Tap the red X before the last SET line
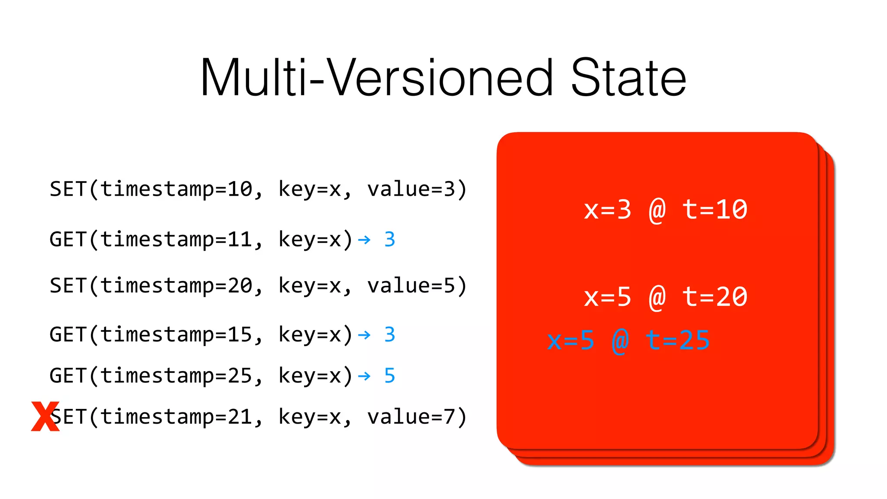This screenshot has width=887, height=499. point(45,416)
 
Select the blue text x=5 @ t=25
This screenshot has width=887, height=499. point(628,340)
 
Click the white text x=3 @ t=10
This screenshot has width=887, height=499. point(665,210)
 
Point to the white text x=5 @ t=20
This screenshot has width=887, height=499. point(665,297)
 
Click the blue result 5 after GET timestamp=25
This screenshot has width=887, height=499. point(389,376)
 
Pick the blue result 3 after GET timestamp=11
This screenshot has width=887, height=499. point(389,240)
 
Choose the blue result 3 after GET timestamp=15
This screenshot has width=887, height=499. point(389,335)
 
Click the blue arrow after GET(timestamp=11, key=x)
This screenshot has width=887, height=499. point(364,240)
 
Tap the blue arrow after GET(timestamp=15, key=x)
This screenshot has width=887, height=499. point(364,335)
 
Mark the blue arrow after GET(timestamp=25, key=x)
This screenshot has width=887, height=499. point(364,376)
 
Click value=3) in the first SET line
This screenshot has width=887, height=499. point(417,189)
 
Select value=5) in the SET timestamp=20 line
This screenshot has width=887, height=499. point(417,286)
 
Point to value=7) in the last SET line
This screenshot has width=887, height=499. point(417,417)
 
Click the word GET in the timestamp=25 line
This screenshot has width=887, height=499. point(68,376)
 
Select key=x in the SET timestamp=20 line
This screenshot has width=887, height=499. point(310,286)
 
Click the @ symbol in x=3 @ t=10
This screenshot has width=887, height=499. point(657,211)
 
